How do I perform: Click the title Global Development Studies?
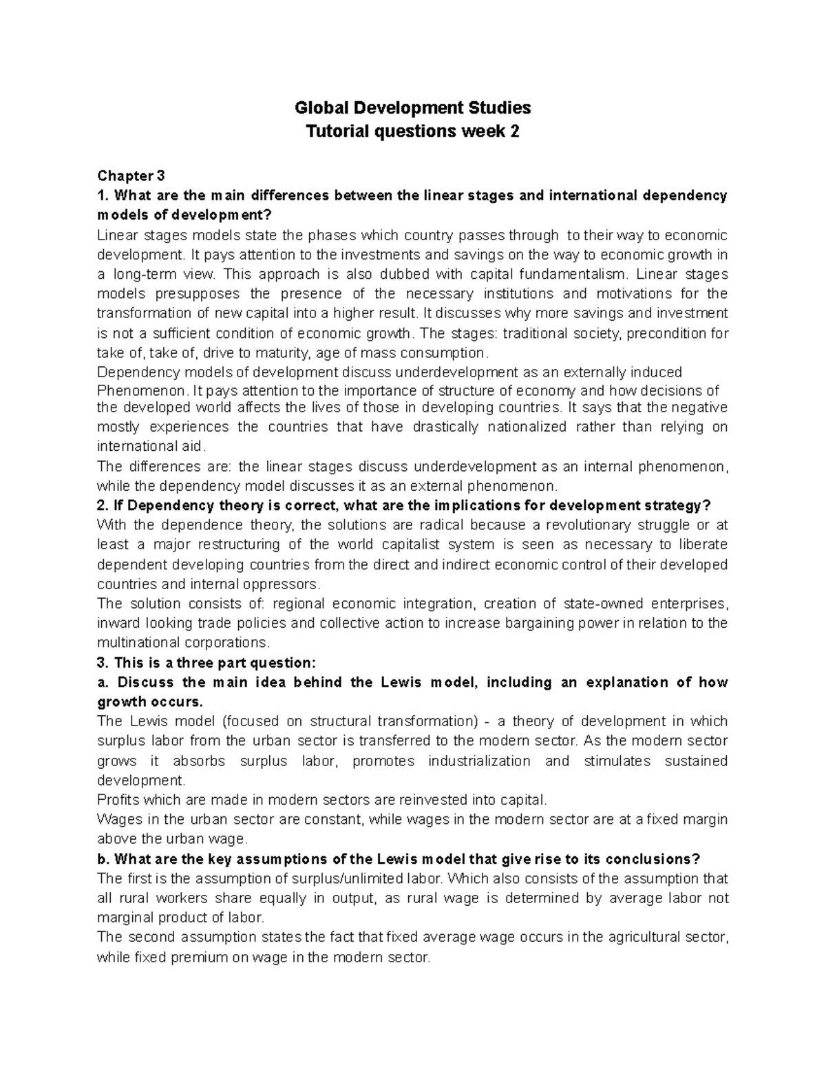(x=412, y=107)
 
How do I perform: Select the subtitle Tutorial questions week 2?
(x=412, y=131)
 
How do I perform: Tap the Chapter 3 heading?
(x=131, y=176)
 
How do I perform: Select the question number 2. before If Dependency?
(x=103, y=505)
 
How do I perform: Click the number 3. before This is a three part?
(x=103, y=663)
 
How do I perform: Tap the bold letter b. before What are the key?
(x=103, y=859)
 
